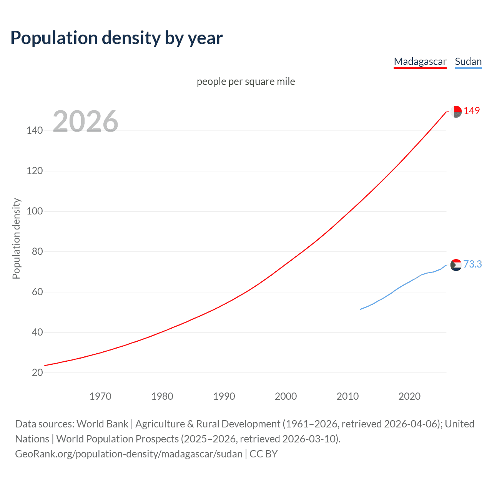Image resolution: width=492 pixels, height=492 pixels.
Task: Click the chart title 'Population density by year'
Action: [116, 38]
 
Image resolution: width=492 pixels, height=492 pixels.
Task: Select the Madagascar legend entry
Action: [420, 61]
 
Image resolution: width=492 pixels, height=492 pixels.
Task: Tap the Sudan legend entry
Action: [468, 61]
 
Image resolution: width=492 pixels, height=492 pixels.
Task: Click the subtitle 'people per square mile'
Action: [246, 81]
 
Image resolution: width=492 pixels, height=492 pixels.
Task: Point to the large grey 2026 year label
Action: [85, 121]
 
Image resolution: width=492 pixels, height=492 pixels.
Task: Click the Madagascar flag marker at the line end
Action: [456, 111]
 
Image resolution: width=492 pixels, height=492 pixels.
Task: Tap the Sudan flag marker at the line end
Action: [456, 265]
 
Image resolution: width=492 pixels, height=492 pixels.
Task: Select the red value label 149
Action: [472, 111]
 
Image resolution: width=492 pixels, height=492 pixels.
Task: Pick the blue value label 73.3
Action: [472, 264]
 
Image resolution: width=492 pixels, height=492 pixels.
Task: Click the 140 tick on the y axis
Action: [35, 131]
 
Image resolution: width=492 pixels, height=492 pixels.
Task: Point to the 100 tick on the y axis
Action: [35, 211]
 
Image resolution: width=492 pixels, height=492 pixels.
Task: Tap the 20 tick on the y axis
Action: [37, 372]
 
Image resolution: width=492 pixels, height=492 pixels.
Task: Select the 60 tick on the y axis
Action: [37, 292]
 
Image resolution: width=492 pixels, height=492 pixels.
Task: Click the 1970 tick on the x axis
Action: [100, 396]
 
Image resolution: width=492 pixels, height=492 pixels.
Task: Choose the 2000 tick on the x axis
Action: [286, 396]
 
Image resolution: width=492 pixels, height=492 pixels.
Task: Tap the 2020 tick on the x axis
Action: [409, 396]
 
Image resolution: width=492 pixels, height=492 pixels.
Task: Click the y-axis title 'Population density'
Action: [16, 238]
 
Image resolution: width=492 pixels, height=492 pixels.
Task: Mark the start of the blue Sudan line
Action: [360, 309]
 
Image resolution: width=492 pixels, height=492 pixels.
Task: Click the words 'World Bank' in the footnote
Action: [102, 424]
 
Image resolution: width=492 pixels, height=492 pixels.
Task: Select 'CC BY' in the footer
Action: [264, 454]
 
